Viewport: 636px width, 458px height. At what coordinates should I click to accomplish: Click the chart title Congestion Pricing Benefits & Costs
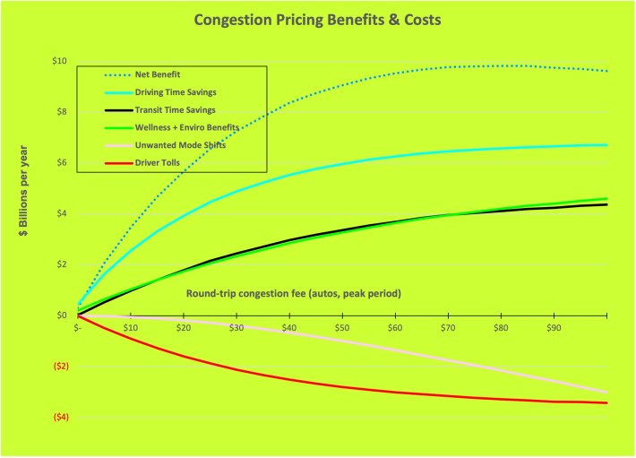click(318, 20)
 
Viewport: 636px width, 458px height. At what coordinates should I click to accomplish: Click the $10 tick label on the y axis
click(59, 61)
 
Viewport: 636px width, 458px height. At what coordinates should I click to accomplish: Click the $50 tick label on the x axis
click(342, 328)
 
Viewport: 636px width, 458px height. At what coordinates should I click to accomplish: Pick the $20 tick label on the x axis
click(184, 328)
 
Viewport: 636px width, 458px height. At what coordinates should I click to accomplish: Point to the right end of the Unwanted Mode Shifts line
click(606, 393)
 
